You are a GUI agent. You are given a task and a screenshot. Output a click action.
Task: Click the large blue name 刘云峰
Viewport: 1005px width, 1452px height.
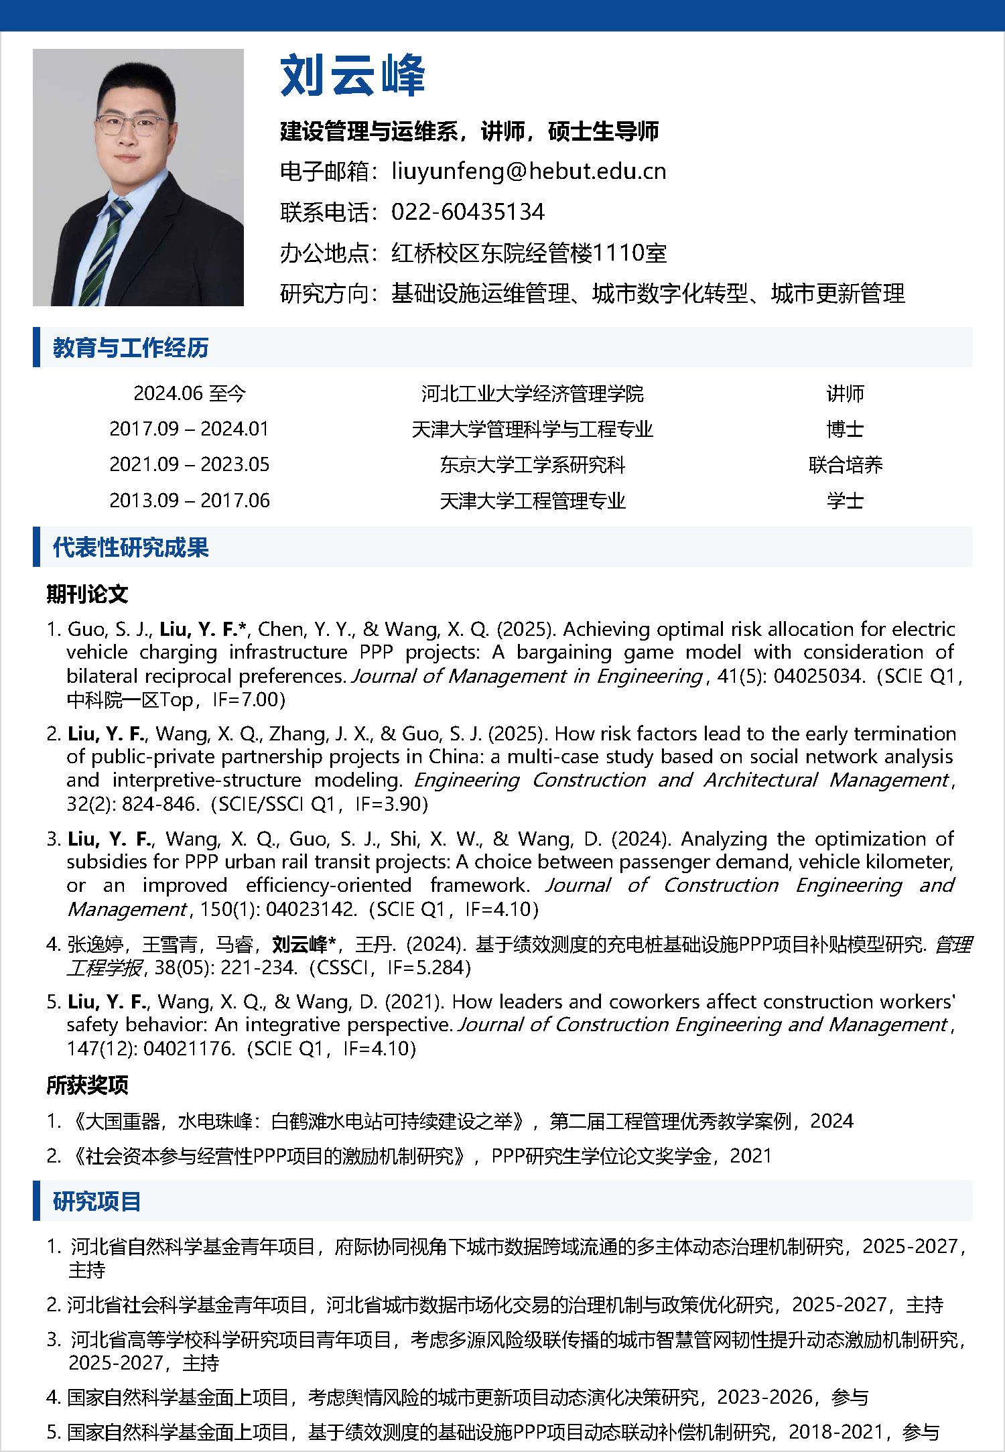[352, 76]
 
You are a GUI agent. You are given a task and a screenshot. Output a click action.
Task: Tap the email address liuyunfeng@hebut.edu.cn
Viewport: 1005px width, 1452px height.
[529, 172]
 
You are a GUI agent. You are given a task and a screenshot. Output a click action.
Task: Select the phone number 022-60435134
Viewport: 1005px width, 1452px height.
[468, 212]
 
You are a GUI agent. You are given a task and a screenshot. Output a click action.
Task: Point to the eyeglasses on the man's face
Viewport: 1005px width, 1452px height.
[131, 125]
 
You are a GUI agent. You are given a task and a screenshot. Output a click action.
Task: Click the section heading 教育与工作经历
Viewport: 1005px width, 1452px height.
[131, 348]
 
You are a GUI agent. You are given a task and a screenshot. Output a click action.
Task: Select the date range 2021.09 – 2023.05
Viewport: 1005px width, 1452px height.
[190, 464]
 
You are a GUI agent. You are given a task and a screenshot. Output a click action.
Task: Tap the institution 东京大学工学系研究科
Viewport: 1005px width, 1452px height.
[532, 464]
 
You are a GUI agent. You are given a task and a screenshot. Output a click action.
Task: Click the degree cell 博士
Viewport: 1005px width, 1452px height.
[845, 429]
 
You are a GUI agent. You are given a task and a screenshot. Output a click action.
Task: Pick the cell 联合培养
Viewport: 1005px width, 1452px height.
[845, 464]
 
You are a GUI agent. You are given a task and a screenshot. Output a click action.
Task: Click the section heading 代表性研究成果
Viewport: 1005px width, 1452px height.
[131, 547]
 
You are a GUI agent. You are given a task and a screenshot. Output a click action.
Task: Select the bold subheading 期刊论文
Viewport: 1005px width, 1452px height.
[87, 594]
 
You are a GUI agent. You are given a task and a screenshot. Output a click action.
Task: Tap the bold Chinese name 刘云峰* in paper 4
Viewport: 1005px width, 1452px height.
[304, 944]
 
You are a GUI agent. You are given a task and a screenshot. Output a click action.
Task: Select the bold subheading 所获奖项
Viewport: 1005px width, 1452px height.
[87, 1085]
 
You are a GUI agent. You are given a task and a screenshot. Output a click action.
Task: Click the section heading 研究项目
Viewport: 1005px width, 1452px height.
[96, 1201]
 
